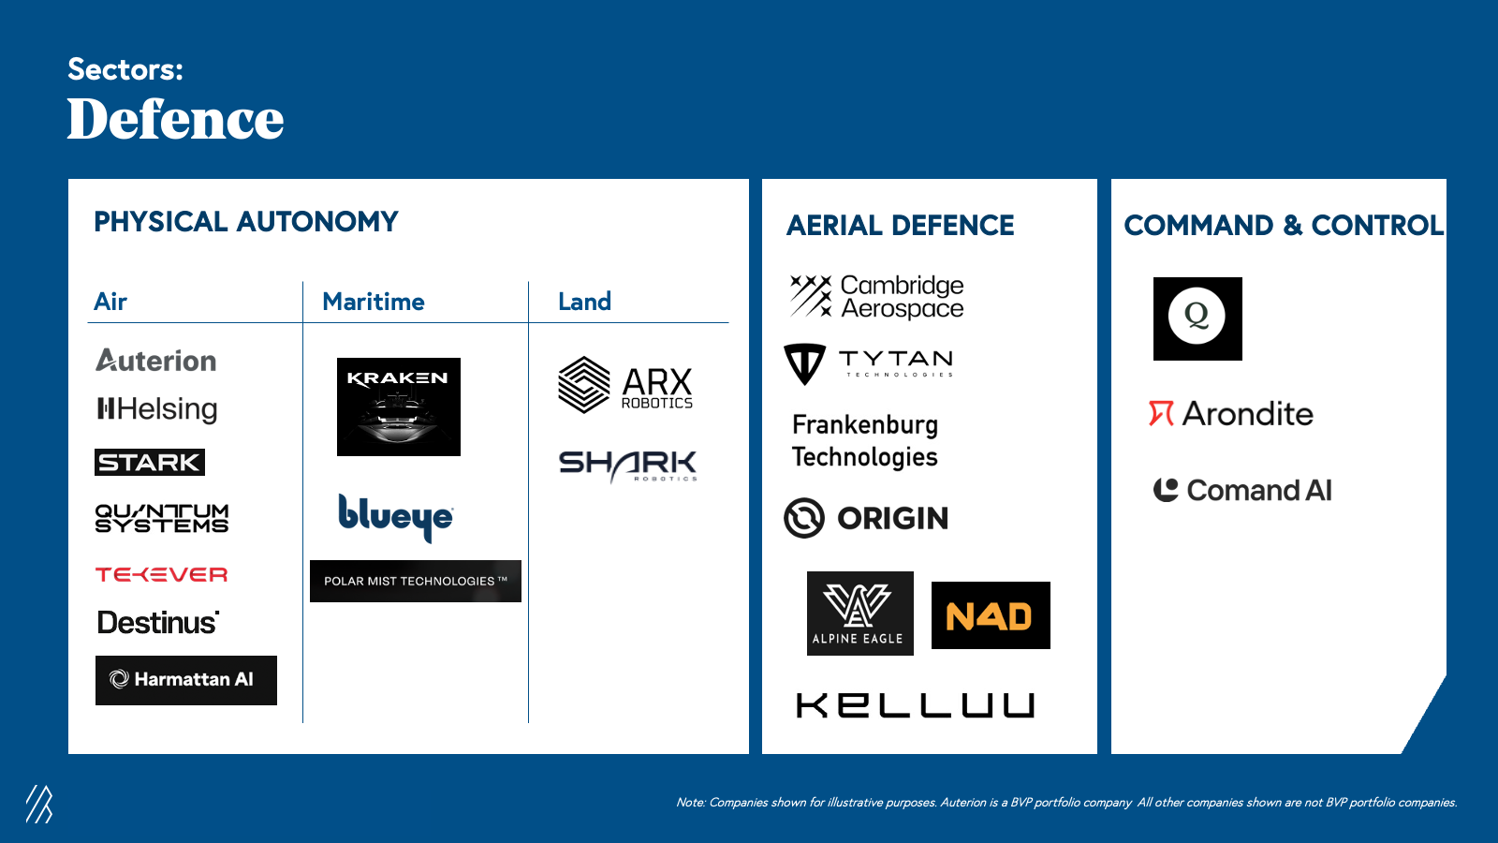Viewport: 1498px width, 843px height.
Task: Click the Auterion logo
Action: click(x=155, y=361)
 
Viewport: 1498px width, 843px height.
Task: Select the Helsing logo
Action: click(x=157, y=408)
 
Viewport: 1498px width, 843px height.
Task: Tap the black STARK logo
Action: click(x=150, y=463)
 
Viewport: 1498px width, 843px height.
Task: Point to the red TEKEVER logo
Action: click(x=161, y=575)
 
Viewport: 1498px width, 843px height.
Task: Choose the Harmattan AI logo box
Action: click(x=186, y=680)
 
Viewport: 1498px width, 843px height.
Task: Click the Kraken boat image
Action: click(x=399, y=407)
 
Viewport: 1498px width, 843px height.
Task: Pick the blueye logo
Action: click(x=396, y=517)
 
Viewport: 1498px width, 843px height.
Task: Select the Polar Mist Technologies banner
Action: click(x=416, y=581)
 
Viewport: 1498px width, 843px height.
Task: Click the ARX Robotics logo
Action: click(x=626, y=385)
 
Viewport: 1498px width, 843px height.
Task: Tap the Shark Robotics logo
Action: click(x=628, y=466)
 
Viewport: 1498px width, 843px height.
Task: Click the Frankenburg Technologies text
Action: click(x=865, y=441)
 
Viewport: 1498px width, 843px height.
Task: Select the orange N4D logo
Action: click(x=991, y=615)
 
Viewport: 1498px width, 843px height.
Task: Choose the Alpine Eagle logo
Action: click(x=860, y=614)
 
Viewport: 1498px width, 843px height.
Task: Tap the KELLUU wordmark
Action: click(x=915, y=705)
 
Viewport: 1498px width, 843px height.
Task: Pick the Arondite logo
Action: click(x=1231, y=413)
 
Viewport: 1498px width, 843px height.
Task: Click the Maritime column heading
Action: click(x=374, y=302)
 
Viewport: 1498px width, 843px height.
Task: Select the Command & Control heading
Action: click(x=1284, y=226)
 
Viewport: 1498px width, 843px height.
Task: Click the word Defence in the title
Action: click(x=175, y=119)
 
